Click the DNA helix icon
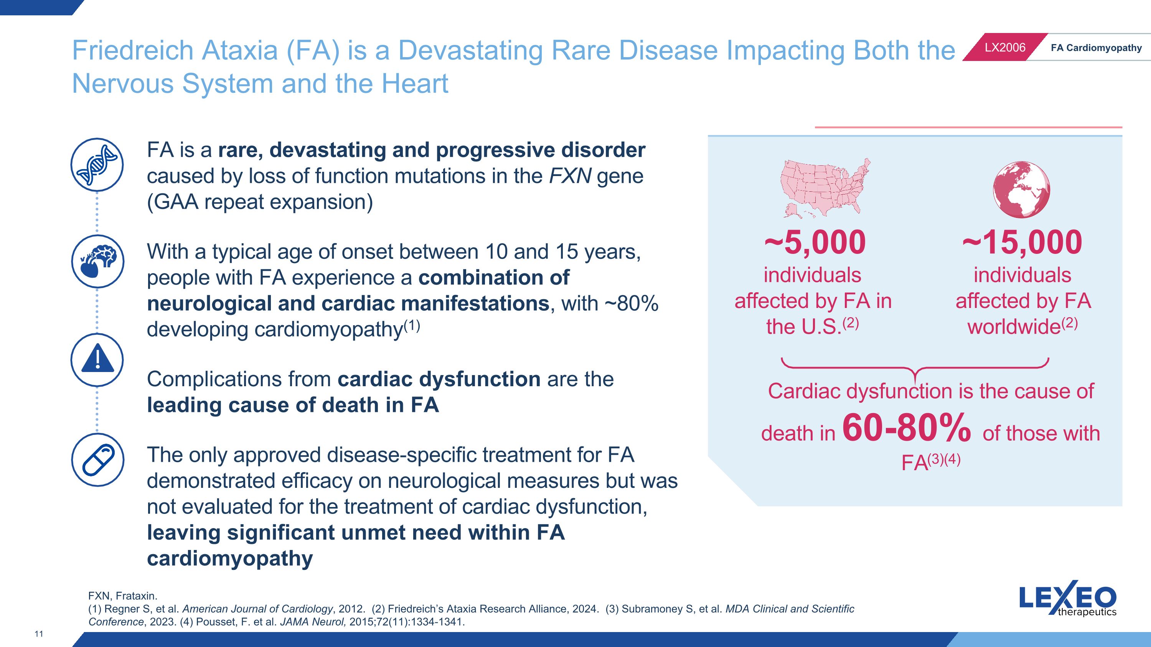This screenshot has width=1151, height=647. (97, 165)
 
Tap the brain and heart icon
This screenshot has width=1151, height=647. (97, 262)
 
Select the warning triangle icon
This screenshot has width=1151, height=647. (97, 360)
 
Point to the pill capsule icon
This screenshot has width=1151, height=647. (97, 459)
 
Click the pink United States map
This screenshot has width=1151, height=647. (825, 188)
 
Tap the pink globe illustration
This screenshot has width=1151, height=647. (1021, 190)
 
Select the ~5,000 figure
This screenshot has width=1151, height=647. (815, 242)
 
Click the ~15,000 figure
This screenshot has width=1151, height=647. (1022, 242)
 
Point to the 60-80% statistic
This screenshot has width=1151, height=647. (907, 427)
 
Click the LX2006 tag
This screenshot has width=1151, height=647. (1005, 47)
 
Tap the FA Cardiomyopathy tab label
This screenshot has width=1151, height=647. (1096, 48)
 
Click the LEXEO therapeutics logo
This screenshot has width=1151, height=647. (1067, 598)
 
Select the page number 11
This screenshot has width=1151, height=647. (39, 634)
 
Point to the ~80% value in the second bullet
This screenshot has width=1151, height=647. (632, 304)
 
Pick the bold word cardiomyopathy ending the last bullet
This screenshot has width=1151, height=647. (230, 558)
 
